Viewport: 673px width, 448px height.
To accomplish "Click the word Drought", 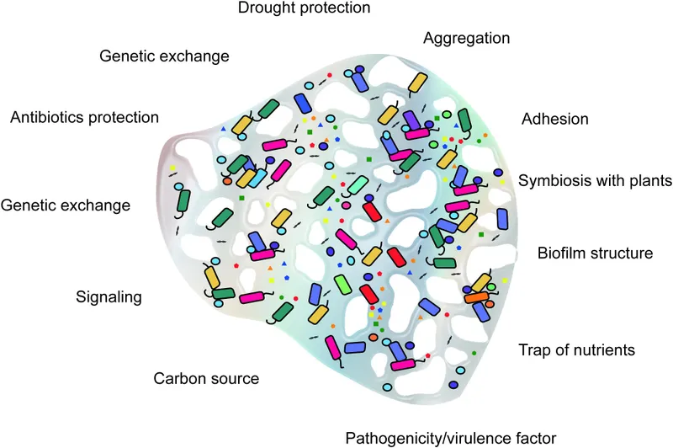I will coord(268,8).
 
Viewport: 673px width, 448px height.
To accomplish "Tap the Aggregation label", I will coord(466,39).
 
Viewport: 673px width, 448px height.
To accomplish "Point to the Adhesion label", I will coord(554,119).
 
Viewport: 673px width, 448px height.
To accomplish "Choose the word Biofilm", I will coord(564,253).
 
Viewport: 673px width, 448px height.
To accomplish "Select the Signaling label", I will coord(109,296).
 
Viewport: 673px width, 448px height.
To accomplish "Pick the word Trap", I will coord(533,349).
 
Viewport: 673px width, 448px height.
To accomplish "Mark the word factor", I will coord(537,437).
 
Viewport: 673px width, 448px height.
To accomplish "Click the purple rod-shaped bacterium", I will coord(411,120).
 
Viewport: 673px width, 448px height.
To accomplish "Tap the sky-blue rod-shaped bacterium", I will coord(257,176).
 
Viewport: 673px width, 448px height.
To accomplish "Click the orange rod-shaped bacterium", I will coord(477,296).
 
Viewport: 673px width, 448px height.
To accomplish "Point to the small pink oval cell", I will coord(346,205).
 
